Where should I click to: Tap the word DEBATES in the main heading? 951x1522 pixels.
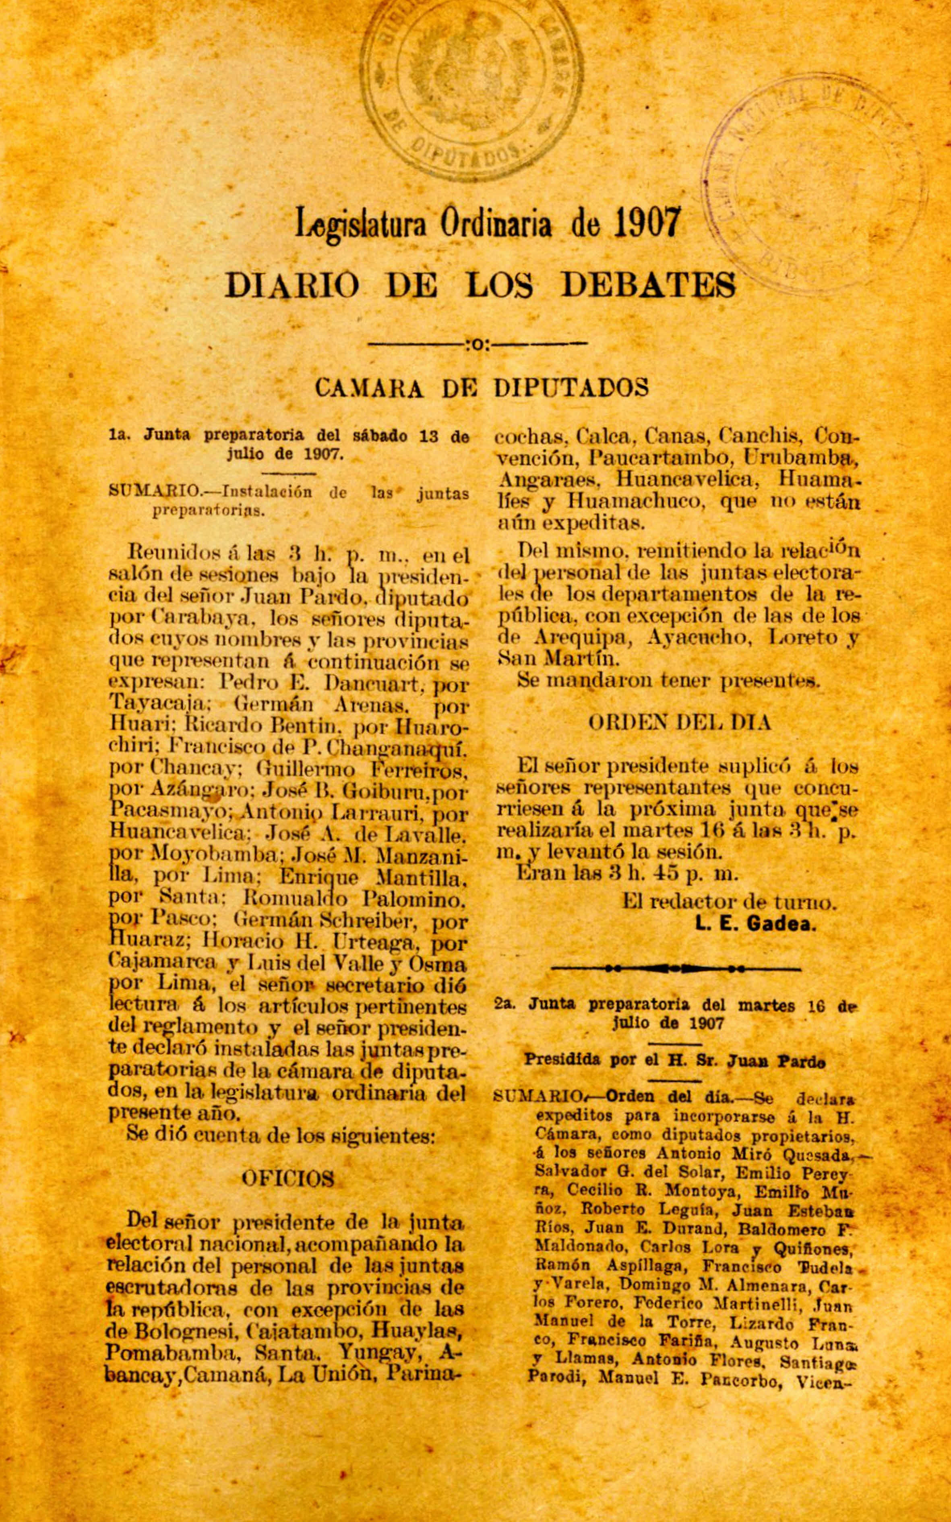point(648,285)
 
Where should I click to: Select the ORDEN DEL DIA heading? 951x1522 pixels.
point(679,723)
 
